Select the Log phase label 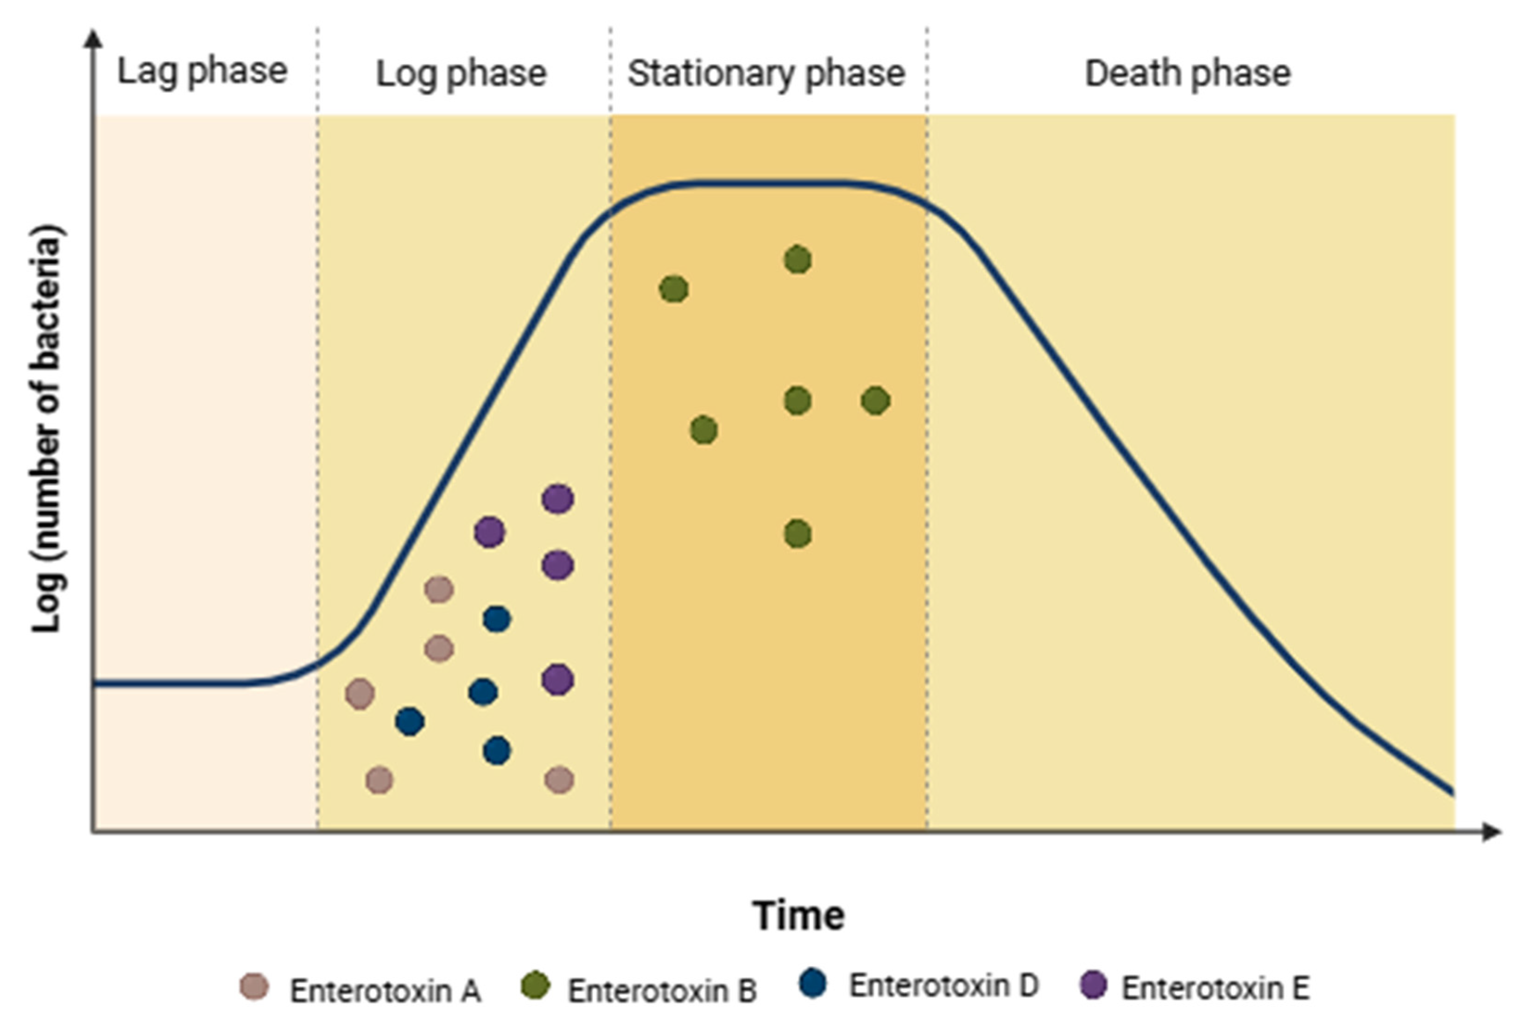[461, 73]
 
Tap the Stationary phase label [766, 73]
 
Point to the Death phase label [1188, 73]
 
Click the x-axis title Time [798, 916]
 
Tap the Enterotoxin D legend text [943, 986]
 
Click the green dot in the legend [536, 986]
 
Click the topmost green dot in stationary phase [798, 260]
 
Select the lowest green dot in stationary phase [798, 534]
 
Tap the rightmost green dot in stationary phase [876, 400]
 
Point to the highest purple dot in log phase [557, 499]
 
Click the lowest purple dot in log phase [557, 680]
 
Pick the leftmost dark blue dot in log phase [410, 721]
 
